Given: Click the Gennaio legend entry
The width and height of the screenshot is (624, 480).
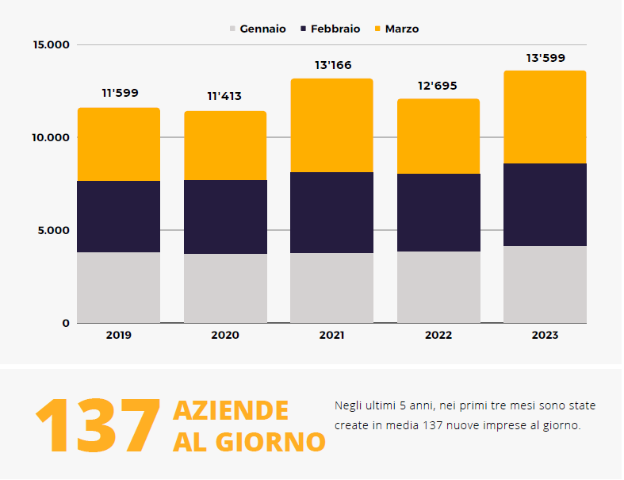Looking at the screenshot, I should [x=258, y=29].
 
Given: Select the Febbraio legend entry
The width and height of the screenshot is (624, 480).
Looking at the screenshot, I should [x=330, y=29].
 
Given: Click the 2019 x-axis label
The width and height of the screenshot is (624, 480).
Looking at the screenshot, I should [x=118, y=336].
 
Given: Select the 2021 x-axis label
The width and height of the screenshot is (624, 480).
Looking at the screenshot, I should [x=331, y=336].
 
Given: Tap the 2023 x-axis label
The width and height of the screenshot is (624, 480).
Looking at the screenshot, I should [x=545, y=336].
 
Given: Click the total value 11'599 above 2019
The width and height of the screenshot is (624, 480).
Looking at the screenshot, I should [x=120, y=93].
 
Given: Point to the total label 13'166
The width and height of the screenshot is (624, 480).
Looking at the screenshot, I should [x=332, y=65].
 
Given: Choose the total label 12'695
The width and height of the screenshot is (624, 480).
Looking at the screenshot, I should [x=438, y=86].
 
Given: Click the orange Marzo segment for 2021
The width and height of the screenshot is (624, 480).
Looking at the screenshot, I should [x=331, y=125].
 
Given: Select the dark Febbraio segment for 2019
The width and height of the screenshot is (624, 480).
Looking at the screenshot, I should [x=118, y=217].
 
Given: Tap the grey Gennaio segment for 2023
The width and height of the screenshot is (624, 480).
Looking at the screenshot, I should [x=545, y=284].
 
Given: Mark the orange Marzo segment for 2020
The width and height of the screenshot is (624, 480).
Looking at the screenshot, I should [x=225, y=145].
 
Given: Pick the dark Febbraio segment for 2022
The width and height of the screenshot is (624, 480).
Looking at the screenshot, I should [x=438, y=213].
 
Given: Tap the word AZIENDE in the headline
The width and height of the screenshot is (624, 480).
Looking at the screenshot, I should [x=231, y=411].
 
